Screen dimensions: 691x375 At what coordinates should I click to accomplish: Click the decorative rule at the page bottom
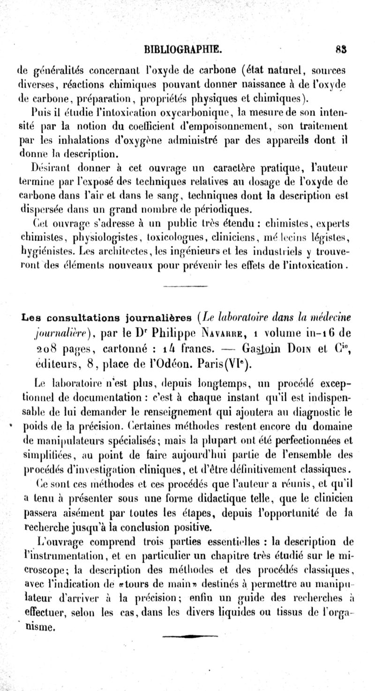pyautogui.click(x=191, y=636)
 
